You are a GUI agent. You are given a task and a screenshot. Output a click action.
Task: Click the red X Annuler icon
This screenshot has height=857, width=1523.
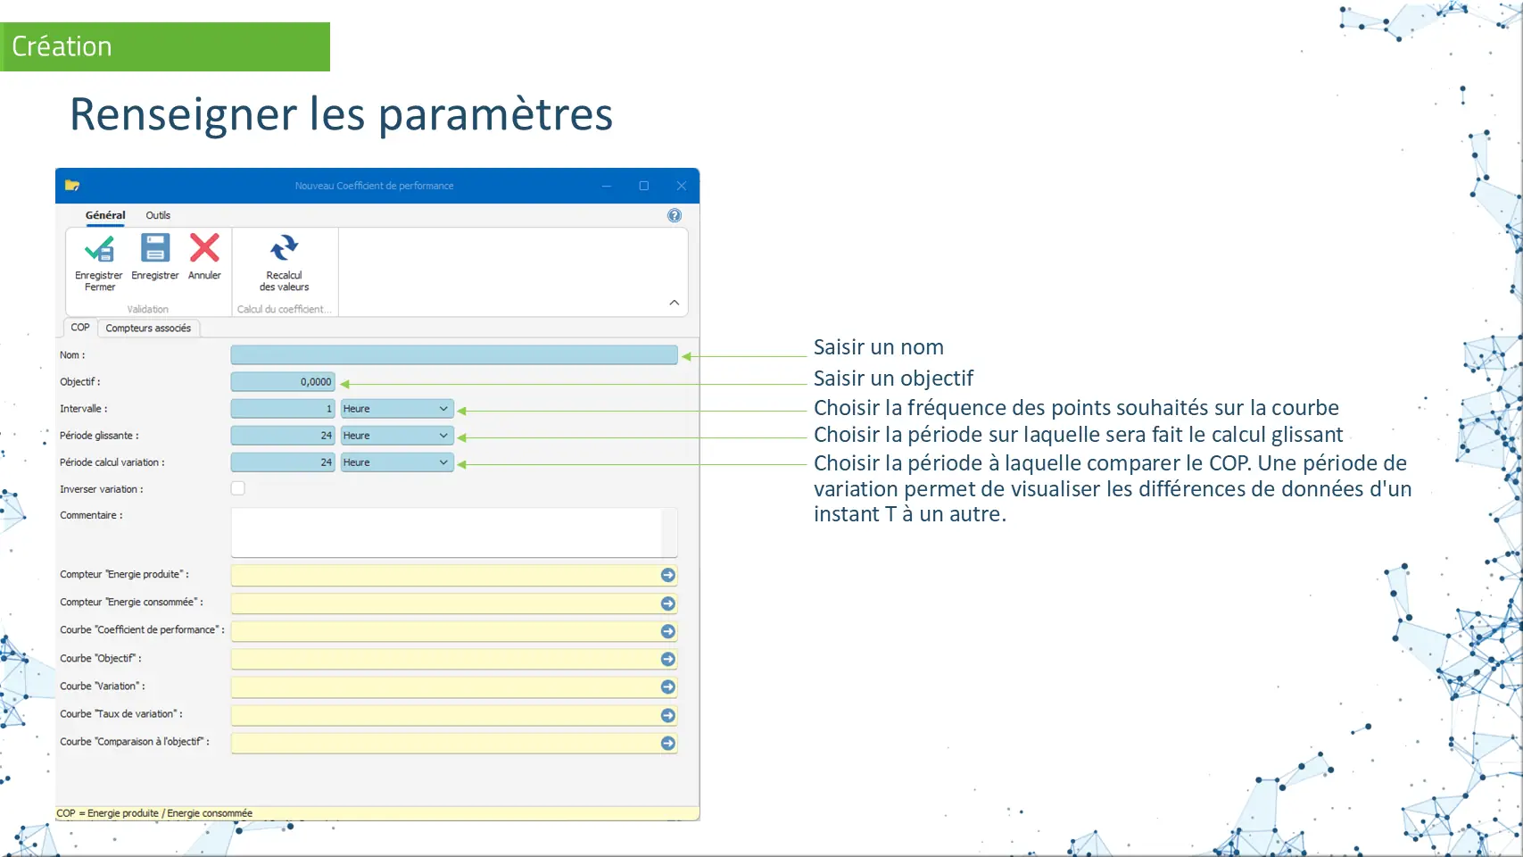(x=204, y=247)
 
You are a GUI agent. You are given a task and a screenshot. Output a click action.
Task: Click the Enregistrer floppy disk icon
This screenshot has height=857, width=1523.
(x=155, y=247)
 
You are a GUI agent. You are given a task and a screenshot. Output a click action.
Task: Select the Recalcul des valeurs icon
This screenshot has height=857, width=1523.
(x=284, y=247)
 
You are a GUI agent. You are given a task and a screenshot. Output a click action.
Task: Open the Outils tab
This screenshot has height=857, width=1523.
(x=158, y=215)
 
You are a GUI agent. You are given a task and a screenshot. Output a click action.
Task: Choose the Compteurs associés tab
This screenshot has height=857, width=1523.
(x=148, y=328)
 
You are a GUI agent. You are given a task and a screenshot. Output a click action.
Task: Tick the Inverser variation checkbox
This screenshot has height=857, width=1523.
(x=237, y=488)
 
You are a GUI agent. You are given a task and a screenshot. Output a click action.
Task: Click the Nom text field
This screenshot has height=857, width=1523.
(x=454, y=355)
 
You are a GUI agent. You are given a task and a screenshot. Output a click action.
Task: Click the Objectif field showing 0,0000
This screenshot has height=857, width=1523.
(x=283, y=381)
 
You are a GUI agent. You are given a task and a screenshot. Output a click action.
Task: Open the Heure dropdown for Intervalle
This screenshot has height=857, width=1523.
(x=396, y=409)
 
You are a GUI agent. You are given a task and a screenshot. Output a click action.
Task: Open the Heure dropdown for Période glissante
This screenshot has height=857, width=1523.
(x=396, y=436)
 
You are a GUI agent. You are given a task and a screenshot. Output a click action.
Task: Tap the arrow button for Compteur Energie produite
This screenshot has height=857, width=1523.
(x=667, y=576)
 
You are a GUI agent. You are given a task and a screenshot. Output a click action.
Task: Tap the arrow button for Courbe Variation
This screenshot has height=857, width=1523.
(x=667, y=687)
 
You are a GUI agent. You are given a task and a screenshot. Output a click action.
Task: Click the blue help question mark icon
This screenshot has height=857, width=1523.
(x=674, y=216)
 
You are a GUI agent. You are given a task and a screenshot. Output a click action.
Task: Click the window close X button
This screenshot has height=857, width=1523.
(x=682, y=186)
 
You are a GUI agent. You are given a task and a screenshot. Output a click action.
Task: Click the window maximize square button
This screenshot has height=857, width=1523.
(x=644, y=186)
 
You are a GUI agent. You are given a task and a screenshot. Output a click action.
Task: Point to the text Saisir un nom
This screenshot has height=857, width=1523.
(x=879, y=347)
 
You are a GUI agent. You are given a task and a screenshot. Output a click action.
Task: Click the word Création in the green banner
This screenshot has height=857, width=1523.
(x=62, y=46)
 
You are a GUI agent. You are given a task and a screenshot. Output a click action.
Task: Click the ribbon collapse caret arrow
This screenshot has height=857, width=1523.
(x=674, y=303)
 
